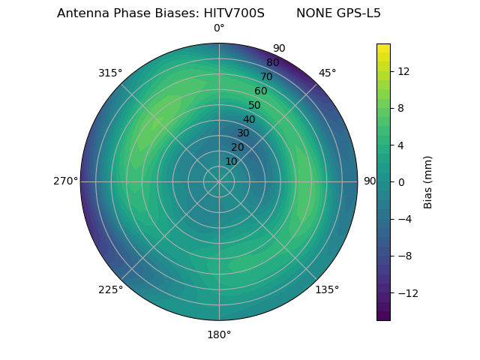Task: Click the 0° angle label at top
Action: [219, 28]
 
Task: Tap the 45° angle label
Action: [327, 73]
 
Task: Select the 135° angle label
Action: [327, 289]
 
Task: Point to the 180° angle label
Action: [219, 334]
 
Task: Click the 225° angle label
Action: [110, 289]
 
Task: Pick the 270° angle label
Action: [65, 181]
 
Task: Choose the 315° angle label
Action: [110, 73]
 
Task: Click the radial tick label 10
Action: [231, 161]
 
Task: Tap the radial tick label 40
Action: [249, 119]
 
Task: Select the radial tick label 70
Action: [267, 76]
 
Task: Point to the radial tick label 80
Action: [273, 63]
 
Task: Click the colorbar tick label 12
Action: [403, 71]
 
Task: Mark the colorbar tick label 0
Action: [400, 181]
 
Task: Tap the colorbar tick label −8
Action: [403, 256]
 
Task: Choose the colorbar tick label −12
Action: [406, 292]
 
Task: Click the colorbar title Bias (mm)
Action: [428, 181]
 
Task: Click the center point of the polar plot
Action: [219, 181]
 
